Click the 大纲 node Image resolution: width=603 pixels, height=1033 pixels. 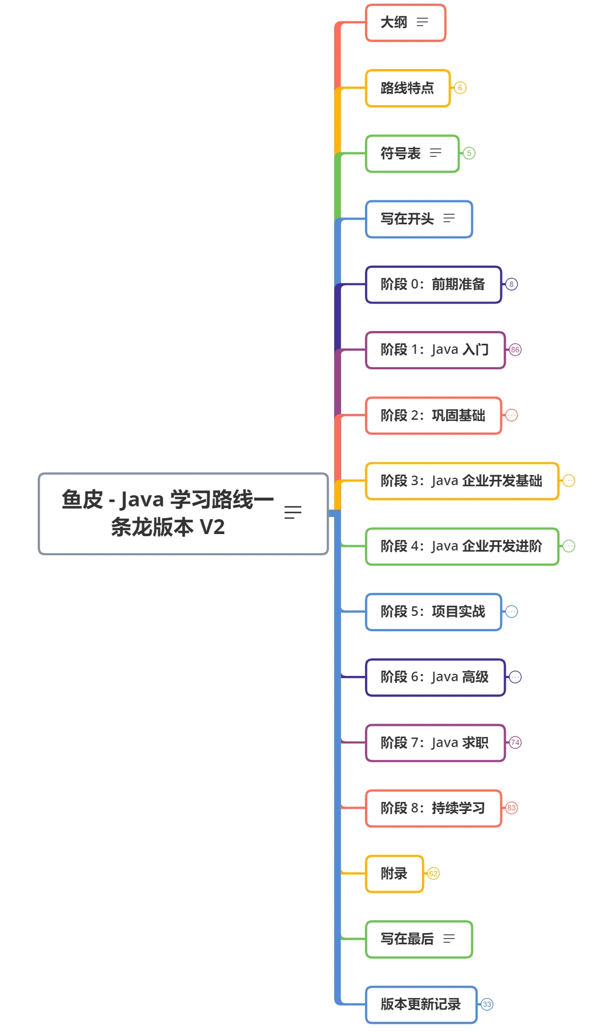point(405,22)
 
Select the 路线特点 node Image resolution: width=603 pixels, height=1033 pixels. point(407,88)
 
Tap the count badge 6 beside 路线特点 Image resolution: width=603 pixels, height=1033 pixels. point(460,88)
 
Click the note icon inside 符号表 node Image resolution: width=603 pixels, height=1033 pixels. point(436,153)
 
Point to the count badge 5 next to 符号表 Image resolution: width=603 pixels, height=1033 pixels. point(469,153)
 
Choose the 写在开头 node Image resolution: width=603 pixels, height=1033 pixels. point(419,219)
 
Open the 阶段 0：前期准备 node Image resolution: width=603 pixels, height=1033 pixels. point(434,284)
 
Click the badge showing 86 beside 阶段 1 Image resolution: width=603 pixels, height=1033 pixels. point(515,350)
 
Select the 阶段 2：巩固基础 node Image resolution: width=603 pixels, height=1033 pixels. point(434,416)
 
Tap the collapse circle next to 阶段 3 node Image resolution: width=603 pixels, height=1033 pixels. point(568,481)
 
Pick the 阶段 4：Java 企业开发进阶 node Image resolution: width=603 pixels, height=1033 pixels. point(462,546)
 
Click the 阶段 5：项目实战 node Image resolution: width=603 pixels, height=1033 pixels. point(434,612)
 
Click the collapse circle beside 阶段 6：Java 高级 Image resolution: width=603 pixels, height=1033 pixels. point(515,677)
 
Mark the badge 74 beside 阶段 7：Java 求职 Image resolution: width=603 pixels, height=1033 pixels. point(515,742)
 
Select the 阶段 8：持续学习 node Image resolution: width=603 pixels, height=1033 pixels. point(434,808)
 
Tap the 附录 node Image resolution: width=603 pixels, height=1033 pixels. point(394,874)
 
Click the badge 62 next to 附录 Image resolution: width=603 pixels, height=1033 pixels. point(434,874)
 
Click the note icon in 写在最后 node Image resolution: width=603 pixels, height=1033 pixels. point(449,939)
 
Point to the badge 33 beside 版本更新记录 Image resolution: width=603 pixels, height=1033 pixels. point(487,1004)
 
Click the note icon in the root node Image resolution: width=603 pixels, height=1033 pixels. point(293,512)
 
